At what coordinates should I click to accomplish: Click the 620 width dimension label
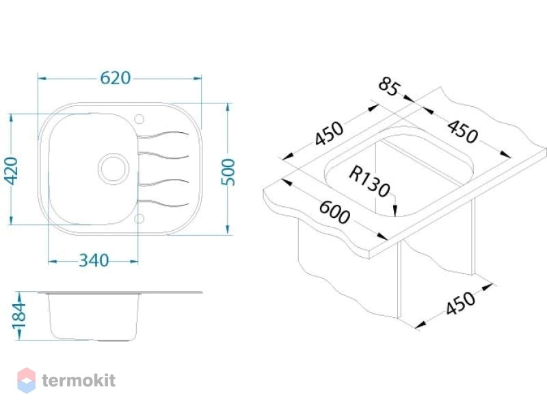point(115,78)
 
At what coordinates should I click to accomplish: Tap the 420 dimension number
point(11,171)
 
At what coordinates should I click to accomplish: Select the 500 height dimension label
point(228,172)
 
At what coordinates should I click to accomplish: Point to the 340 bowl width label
point(94,260)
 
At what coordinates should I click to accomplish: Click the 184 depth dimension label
point(19,316)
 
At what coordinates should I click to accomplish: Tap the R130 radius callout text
point(369,182)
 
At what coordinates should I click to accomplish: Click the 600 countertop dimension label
point(334,212)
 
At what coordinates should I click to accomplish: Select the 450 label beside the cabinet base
point(460,303)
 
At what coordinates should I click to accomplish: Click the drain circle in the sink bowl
point(113,169)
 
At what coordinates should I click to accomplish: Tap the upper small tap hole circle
point(139,119)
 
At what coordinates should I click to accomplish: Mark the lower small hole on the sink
point(139,219)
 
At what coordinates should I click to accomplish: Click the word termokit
point(79,380)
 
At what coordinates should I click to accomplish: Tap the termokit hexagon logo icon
point(27,380)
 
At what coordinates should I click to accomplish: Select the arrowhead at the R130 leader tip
point(395,212)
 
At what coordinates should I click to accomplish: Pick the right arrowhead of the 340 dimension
point(134,261)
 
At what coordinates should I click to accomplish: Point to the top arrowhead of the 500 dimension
point(228,108)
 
